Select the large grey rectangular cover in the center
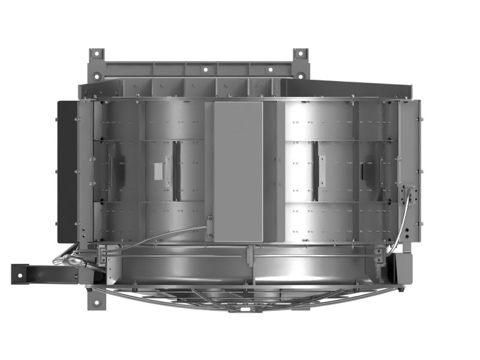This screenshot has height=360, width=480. click(238, 171)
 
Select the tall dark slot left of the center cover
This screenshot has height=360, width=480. click(176, 171)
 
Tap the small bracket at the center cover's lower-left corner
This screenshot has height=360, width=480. click(210, 225)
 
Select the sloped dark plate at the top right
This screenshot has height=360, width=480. click(354, 84)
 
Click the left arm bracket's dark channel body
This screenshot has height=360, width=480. click(48, 273)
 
